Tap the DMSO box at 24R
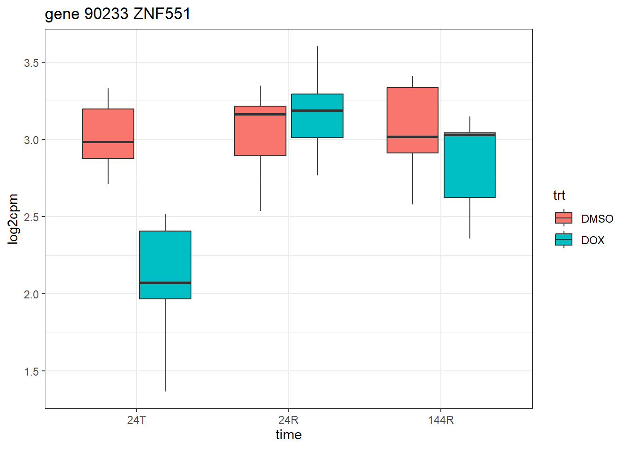coord(260,136)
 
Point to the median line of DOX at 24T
coord(165,282)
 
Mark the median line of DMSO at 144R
coord(412,137)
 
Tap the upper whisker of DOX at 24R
coord(317,70)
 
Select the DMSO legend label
coord(597,219)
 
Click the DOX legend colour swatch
coord(563,240)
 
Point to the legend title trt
coord(559,195)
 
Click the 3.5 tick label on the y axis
coord(31,63)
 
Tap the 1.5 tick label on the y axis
coord(31,371)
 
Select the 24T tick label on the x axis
coord(136,420)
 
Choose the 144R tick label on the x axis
coord(440,420)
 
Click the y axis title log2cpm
coord(13,219)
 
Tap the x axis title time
coord(288,435)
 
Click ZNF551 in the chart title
coord(162,14)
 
